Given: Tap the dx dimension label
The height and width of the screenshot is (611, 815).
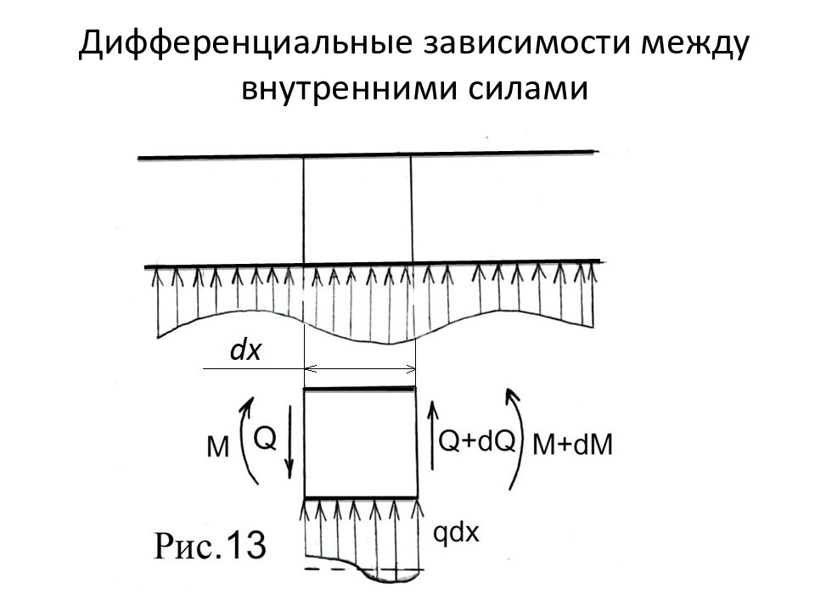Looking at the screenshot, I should coord(246,350).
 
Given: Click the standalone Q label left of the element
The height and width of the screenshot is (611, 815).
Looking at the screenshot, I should coord(264,438).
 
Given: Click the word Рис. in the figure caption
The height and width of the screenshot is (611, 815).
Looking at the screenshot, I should coord(185,546).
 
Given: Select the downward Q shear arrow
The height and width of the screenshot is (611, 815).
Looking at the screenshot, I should coord(289,443).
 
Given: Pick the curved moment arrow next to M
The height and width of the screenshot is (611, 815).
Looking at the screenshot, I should coord(244,443).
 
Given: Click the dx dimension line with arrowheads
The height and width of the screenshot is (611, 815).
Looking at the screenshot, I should coord(360,369).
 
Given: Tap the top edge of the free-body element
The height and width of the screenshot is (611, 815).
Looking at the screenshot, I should coord(360,389).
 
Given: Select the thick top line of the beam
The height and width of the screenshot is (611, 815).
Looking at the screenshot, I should coord(365,155).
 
